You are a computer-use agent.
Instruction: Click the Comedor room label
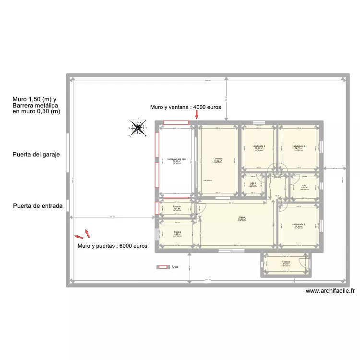(217, 158)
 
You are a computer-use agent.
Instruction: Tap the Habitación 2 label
(259, 146)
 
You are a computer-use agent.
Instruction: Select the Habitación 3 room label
(299, 146)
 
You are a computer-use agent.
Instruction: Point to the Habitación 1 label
(299, 224)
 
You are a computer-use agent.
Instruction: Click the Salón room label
(242, 217)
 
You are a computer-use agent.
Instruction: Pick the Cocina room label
(177, 232)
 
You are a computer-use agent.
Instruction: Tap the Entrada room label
(177, 206)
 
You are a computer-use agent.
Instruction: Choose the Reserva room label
(286, 262)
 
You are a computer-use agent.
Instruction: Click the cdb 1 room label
(304, 185)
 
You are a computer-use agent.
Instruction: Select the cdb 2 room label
(253, 183)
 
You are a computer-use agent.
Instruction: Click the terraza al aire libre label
(176, 158)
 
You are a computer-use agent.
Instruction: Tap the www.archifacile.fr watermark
(330, 290)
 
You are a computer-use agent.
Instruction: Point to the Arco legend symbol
(164, 267)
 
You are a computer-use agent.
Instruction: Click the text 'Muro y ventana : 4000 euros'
(185, 108)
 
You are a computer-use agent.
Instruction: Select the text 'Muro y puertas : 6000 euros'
(112, 246)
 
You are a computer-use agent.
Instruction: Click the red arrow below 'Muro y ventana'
(197, 114)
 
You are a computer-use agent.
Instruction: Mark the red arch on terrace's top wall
(176, 123)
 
